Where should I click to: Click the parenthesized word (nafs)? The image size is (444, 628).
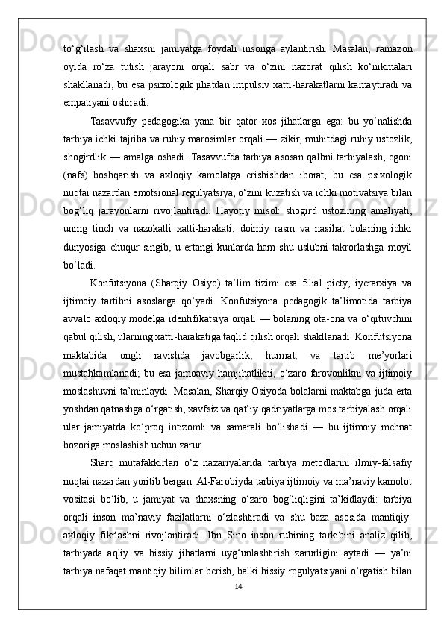pyautogui.click(x=77, y=188)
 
